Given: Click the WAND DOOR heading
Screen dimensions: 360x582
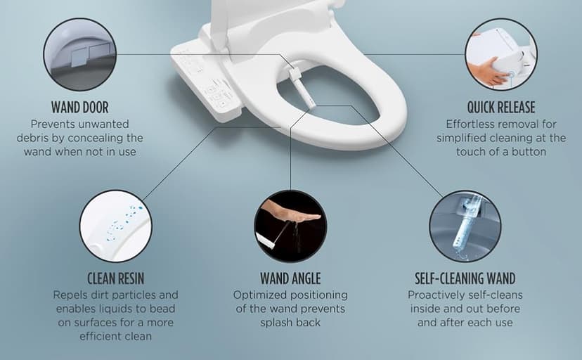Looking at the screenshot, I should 79,108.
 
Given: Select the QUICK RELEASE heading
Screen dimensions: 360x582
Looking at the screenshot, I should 500,108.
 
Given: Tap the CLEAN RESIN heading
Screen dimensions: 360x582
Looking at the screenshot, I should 115,278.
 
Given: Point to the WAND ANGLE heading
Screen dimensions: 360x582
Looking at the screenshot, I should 290,278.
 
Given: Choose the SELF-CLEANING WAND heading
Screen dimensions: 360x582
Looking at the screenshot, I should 465,278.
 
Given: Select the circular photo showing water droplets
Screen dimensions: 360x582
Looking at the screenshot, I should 115,226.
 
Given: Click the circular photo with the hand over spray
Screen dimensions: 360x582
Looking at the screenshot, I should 290,226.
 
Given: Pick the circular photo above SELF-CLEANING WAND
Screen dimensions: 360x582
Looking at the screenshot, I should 465,226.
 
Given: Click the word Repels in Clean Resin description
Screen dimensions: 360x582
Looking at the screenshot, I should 71,295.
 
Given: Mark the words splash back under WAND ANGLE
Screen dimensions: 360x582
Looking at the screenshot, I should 290,322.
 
